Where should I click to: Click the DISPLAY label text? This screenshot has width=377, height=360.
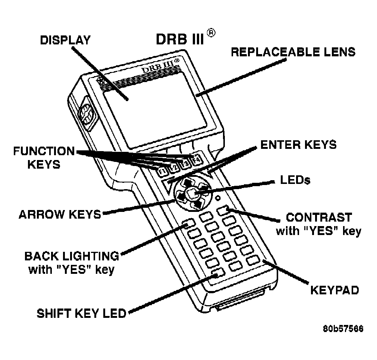pos(65,40)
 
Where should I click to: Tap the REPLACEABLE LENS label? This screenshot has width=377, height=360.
pos(293,51)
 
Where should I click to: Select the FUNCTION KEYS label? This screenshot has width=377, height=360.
pos(44,157)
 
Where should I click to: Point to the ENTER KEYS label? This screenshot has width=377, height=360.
pos(298,144)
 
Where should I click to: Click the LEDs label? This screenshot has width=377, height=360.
pos(294,180)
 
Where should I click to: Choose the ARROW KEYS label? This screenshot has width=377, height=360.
pos(60,214)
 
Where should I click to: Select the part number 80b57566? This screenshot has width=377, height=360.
pos(343,329)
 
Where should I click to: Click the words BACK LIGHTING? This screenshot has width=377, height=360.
pos(72,256)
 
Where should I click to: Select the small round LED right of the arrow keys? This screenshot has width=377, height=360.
pos(217,197)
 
